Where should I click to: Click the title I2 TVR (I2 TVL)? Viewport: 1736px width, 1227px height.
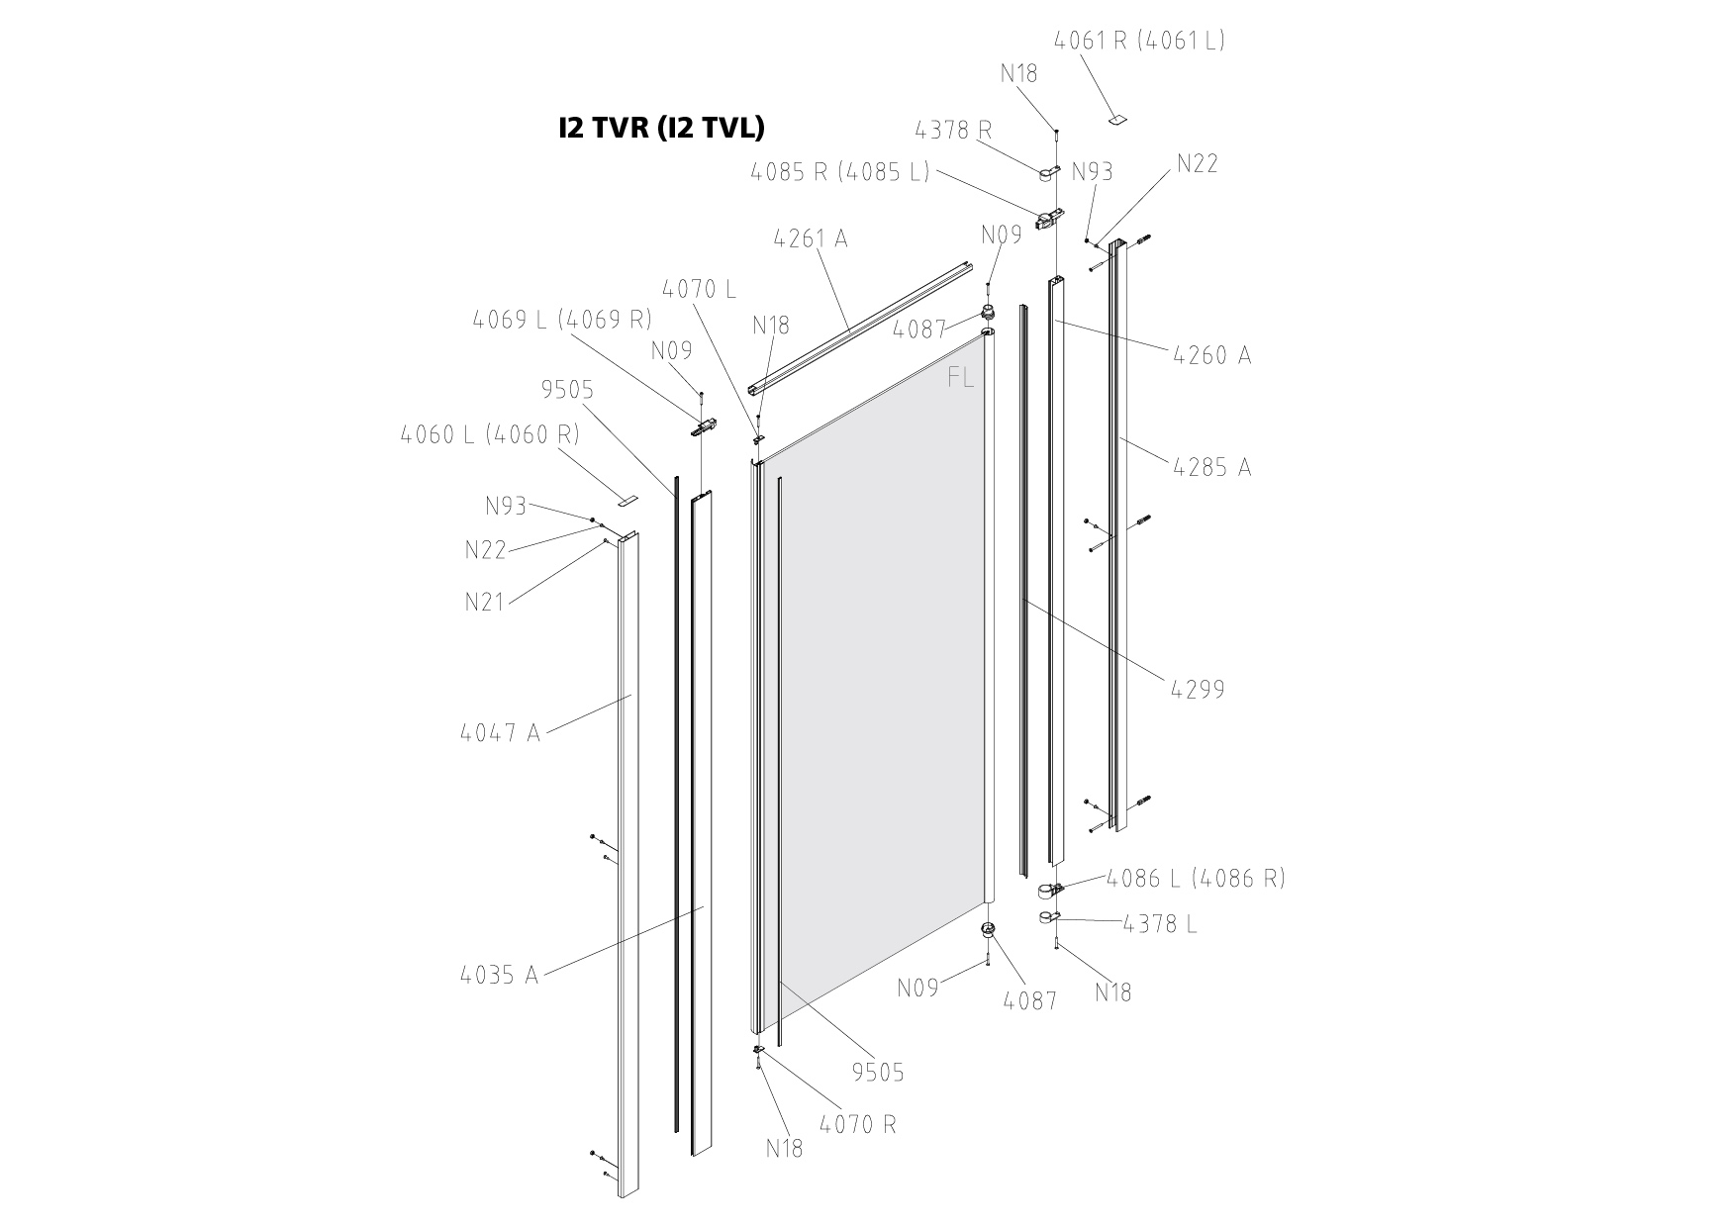tap(661, 128)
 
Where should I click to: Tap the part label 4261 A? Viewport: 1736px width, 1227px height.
tap(811, 238)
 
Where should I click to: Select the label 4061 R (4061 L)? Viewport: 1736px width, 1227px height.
tap(1139, 41)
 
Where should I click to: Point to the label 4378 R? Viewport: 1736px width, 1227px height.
tap(954, 130)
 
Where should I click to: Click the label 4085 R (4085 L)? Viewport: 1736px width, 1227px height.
tap(839, 171)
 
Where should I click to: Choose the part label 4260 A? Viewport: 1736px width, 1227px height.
tap(1211, 354)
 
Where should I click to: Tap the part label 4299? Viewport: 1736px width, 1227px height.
tap(1198, 689)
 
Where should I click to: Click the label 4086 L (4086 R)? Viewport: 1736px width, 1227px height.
tap(1196, 878)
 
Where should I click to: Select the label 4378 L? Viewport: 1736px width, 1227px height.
tap(1160, 924)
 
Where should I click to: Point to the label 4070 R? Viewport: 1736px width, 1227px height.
tap(858, 1125)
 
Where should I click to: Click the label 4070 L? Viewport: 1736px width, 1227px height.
tap(699, 290)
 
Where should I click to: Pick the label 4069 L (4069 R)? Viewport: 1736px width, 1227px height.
tap(562, 320)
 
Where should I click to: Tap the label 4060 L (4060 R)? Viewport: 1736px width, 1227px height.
tap(490, 434)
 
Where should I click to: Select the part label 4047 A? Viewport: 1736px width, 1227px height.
tap(501, 733)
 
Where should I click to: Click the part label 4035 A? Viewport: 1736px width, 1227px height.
tap(499, 975)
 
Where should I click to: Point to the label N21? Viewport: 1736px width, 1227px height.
tap(485, 601)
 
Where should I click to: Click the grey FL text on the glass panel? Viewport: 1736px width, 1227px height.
tap(960, 378)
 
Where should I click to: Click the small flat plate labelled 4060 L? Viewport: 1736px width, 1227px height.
tap(630, 500)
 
